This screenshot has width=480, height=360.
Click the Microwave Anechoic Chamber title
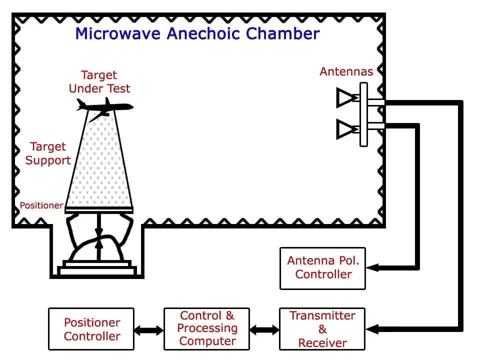click(197, 33)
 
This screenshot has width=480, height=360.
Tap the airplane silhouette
click(104, 106)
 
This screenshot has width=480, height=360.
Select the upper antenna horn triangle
click(346, 98)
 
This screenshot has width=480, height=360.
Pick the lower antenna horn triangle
click(346, 129)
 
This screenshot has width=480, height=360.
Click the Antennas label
click(346, 71)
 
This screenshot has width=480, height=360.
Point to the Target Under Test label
click(99, 82)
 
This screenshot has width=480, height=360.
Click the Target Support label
click(48, 153)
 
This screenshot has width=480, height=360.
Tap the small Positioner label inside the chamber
click(41, 205)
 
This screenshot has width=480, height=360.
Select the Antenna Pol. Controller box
click(322, 268)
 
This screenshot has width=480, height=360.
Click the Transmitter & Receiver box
click(322, 329)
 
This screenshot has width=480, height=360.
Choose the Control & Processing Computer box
click(206, 329)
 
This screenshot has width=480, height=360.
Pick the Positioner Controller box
click(91, 329)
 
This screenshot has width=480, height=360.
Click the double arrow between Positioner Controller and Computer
click(149, 330)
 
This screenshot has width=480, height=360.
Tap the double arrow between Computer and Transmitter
click(264, 330)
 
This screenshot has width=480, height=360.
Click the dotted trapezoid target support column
click(100, 165)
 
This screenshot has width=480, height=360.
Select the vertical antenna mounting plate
click(363, 114)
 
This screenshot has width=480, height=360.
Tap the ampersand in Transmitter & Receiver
click(322, 329)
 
